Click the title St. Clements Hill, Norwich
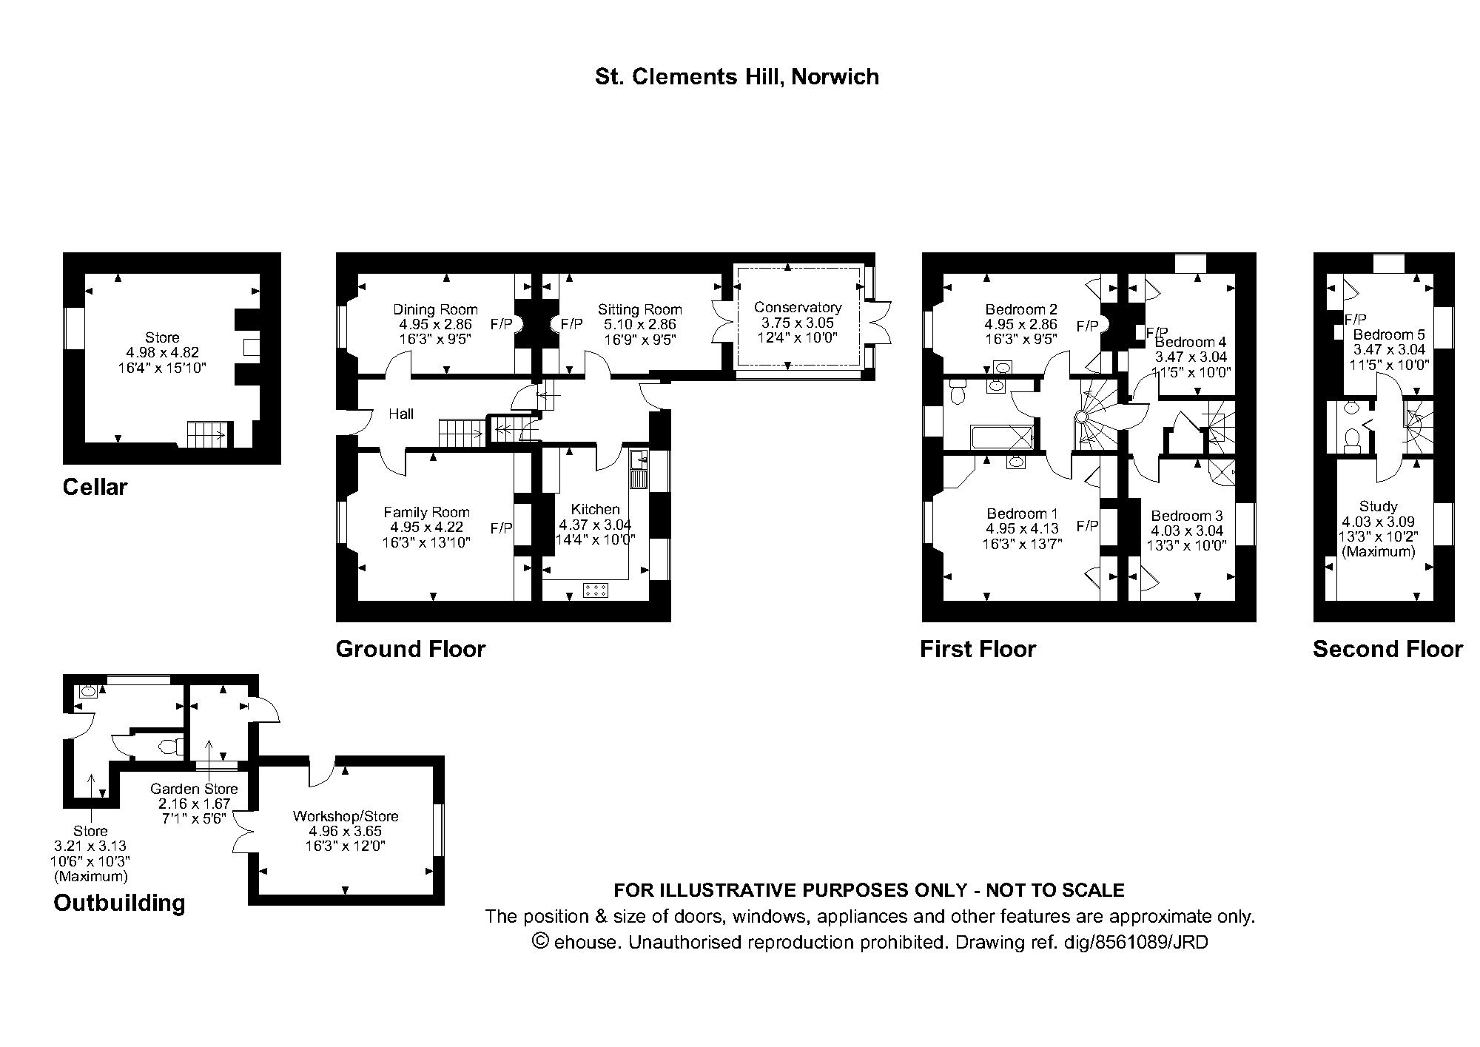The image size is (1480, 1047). (x=736, y=77)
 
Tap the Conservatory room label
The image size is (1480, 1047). (x=798, y=307)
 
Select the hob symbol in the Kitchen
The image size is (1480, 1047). (x=596, y=590)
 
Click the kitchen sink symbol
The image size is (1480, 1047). (x=639, y=469)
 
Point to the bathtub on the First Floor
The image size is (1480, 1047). (x=1001, y=437)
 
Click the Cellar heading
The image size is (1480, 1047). (x=95, y=487)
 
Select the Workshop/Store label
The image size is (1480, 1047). (x=346, y=816)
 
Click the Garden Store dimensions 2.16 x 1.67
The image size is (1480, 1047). (x=194, y=804)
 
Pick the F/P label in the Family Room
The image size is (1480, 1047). (x=501, y=528)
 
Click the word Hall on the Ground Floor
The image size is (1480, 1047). (x=401, y=414)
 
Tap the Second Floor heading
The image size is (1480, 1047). (x=1387, y=649)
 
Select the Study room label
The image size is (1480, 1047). (x=1378, y=506)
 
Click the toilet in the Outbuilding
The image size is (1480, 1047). (x=170, y=747)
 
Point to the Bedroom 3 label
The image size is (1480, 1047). (x=1186, y=516)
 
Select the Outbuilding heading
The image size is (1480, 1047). (x=119, y=903)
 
